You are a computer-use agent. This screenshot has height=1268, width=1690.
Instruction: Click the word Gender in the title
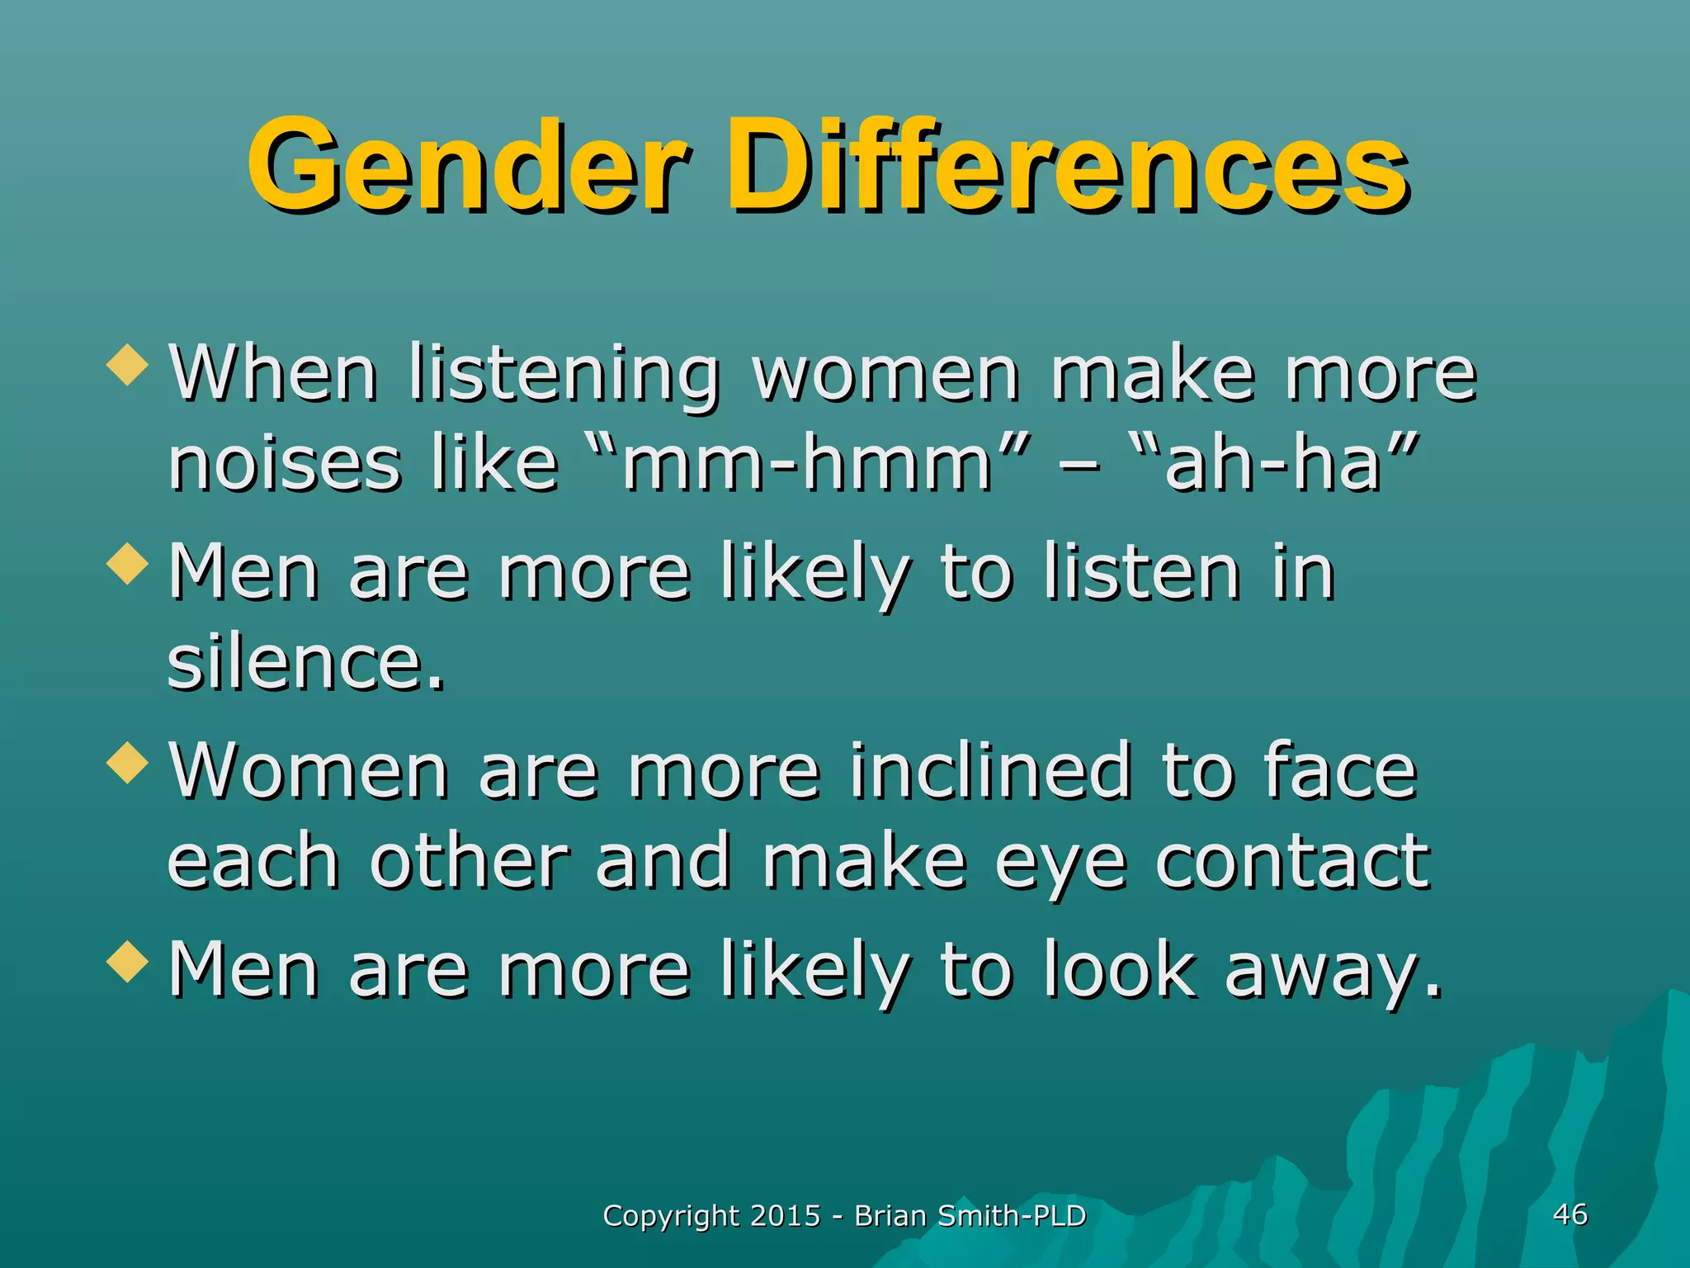point(466,165)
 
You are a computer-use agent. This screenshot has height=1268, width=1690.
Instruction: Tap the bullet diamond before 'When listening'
point(128,364)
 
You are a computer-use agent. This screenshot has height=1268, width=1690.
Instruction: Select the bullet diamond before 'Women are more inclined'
point(128,761)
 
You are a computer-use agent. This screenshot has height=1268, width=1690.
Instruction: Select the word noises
point(284,464)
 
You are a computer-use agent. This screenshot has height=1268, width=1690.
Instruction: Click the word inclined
point(989,771)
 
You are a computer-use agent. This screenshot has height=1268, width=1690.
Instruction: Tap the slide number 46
point(1570,1214)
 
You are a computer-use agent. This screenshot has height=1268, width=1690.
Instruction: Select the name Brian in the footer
point(890,1216)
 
